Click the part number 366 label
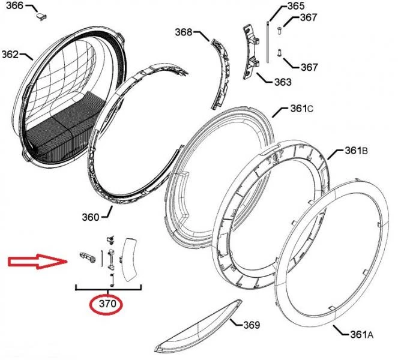click(x=15, y=6)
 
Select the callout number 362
click(x=10, y=54)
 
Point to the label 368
click(x=184, y=32)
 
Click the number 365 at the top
click(x=296, y=6)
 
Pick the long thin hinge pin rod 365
click(x=268, y=42)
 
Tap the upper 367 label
click(x=309, y=17)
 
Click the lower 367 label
click(x=309, y=67)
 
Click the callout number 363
click(x=283, y=82)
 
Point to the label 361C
click(x=302, y=109)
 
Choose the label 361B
click(x=357, y=151)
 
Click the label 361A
click(x=362, y=335)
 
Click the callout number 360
click(x=91, y=217)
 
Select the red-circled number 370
click(x=107, y=304)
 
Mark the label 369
click(x=252, y=325)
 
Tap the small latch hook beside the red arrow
click(x=88, y=257)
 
